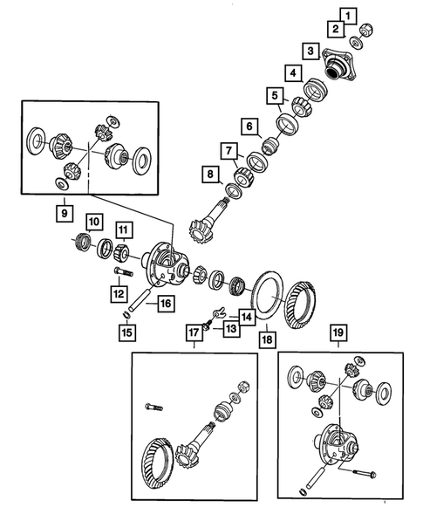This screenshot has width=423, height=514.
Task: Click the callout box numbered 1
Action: [349, 15]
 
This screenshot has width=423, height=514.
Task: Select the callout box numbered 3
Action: [310, 51]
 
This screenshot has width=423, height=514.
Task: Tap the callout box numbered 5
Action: [276, 96]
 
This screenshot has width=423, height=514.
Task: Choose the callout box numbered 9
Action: [64, 212]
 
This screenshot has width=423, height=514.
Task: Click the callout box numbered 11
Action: [125, 230]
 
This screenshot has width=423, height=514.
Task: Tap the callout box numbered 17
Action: [192, 332]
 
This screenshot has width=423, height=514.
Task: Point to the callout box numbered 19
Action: [338, 332]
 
